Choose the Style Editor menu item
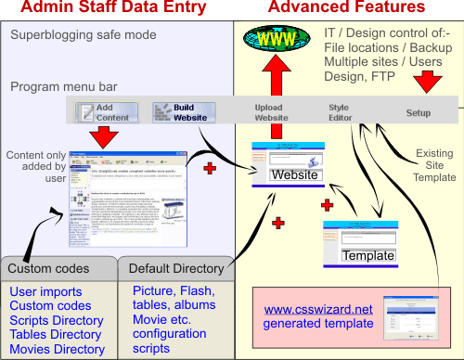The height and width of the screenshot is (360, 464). point(339,113)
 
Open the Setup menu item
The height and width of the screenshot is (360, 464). point(419,113)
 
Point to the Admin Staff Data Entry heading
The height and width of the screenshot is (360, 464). point(113,10)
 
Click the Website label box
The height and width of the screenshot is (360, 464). point(295,175)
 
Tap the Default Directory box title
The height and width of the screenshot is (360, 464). point(178,268)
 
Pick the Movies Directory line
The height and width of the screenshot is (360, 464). point(58,350)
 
